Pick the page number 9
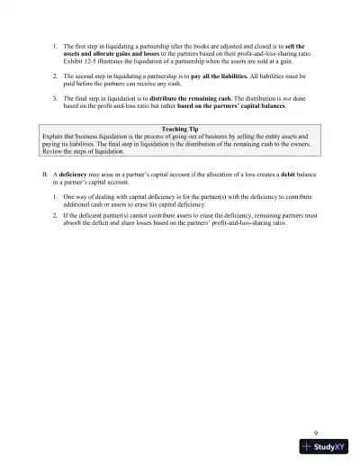pyautogui.click(x=329, y=432)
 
